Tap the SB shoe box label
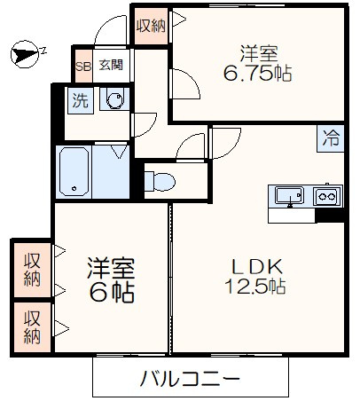coord(83,65)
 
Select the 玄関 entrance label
coord(110,65)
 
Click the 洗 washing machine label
coord(80,100)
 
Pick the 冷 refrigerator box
coord(331,138)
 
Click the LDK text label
coord(257,265)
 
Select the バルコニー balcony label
coord(190,380)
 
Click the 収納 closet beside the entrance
coord(151,26)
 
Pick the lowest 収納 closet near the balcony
coord(33,326)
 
